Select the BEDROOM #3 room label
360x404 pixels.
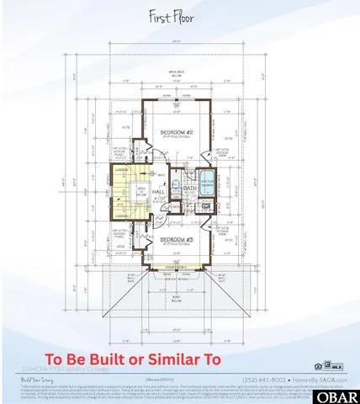179,239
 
